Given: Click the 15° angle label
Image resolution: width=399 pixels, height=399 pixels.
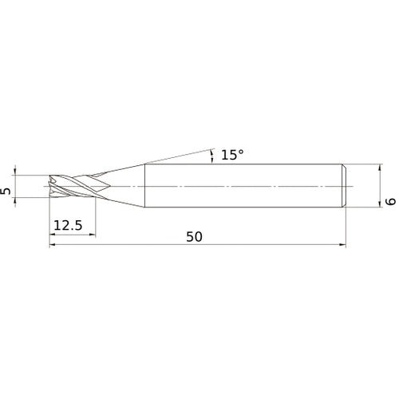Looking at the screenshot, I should (228, 156).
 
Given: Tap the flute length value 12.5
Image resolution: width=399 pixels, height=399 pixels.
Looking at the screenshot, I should (68, 227).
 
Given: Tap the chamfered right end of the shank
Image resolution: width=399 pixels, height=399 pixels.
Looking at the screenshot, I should (344, 186).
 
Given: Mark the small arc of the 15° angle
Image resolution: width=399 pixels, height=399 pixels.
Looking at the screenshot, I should (212, 155).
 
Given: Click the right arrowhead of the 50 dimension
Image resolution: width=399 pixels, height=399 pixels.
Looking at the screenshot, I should (342, 246).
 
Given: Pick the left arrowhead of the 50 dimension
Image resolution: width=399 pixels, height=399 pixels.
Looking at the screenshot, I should (53, 246).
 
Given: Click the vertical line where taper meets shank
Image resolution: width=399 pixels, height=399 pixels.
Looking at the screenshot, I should (144, 186).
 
